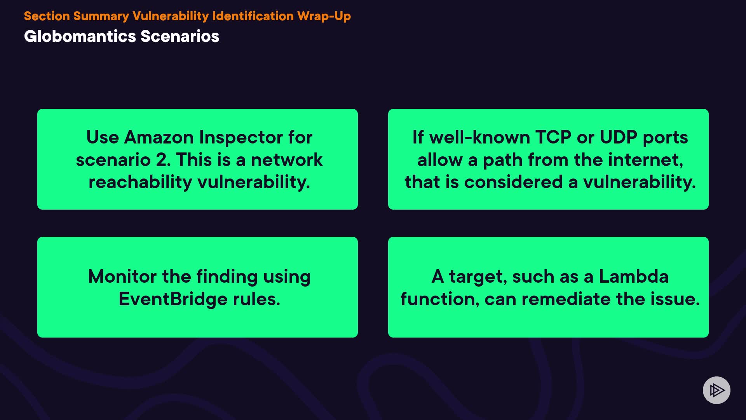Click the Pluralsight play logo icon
pyautogui.click(x=716, y=390)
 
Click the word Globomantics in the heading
pyautogui.click(x=80, y=36)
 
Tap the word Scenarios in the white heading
pyautogui.click(x=180, y=36)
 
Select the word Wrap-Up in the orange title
pyautogui.click(x=324, y=16)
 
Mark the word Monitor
pyautogui.click(x=122, y=276)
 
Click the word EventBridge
pyautogui.click(x=173, y=299)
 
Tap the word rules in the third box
pyautogui.click(x=256, y=299)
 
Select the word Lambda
pyautogui.click(x=633, y=276)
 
